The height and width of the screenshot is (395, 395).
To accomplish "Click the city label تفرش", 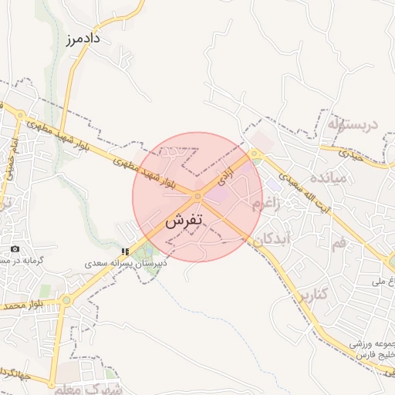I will [x=184, y=220].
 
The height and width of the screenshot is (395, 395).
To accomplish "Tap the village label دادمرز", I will [x=84, y=38].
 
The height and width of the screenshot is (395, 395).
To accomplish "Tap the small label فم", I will [x=339, y=244].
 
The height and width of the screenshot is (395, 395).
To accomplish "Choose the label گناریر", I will [x=312, y=294].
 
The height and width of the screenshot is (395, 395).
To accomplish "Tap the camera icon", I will [x=15, y=249].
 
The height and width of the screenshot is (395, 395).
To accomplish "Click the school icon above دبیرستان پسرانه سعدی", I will [x=125, y=252].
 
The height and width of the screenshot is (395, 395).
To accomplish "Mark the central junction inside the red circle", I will [x=198, y=197].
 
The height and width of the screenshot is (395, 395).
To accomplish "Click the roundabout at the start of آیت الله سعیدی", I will [x=255, y=154].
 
